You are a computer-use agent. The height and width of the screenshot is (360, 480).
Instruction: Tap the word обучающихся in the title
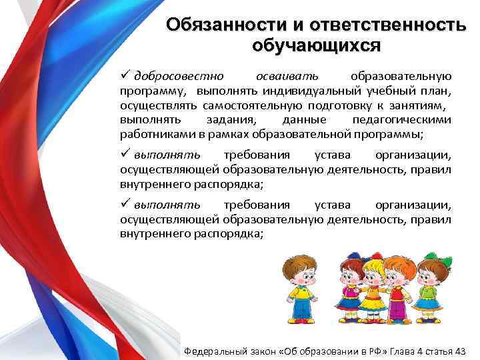click(x=317, y=45)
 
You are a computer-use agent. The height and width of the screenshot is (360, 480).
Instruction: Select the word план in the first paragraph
click(x=437, y=90)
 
